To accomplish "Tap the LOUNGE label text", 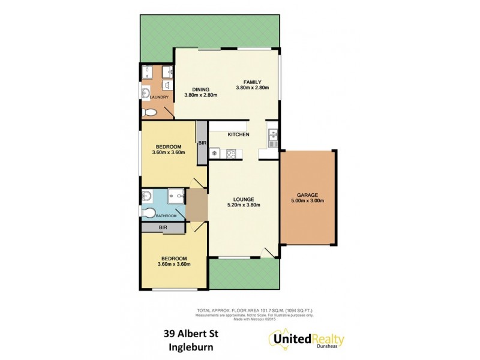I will click(x=244, y=199).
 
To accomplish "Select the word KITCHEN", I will click(x=238, y=134).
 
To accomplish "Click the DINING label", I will click(x=200, y=89).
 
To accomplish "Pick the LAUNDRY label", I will click(x=158, y=97).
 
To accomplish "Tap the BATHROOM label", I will click(x=166, y=216).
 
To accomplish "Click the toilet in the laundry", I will click(x=149, y=112).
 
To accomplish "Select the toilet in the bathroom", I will click(x=148, y=212).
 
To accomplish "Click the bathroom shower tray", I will click(x=176, y=195).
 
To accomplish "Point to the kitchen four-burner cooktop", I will click(x=231, y=154).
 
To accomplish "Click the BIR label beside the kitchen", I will click(x=202, y=143).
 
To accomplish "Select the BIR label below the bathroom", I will click(x=163, y=229).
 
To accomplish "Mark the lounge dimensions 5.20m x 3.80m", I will click(x=244, y=206).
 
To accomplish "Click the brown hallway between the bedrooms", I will click(x=197, y=205).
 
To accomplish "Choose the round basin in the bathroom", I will click(x=146, y=196).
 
